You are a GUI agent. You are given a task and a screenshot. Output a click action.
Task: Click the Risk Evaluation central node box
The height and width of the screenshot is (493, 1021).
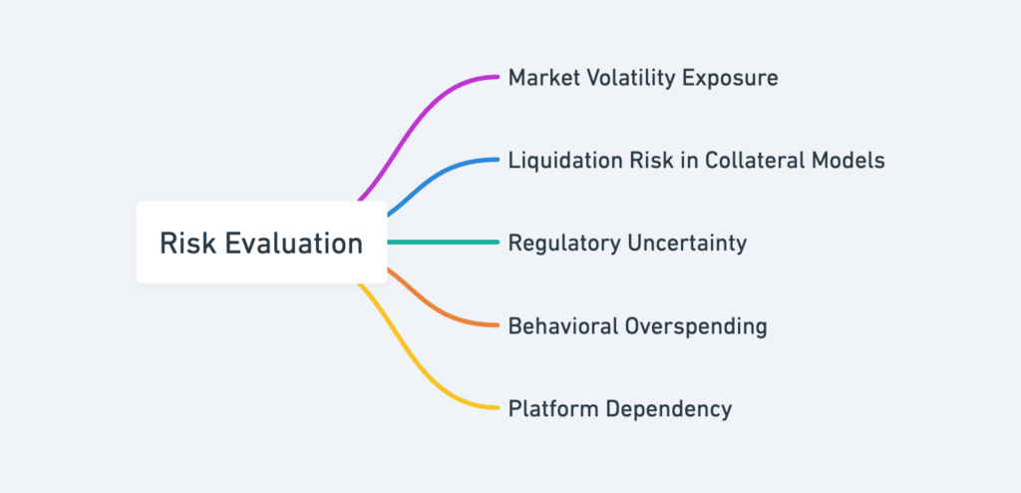pyautogui.click(x=261, y=243)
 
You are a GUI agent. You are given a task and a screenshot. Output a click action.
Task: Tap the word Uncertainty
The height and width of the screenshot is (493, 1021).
pyautogui.click(x=688, y=244)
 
